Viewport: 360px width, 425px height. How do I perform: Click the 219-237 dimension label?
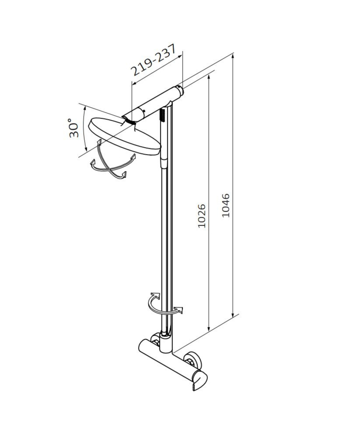pyautogui.click(x=153, y=59)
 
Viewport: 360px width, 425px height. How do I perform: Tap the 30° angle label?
pyautogui.click(x=73, y=128)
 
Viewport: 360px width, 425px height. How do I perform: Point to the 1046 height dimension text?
pyautogui.click(x=225, y=205)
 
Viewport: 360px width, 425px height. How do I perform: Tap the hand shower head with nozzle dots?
pyautogui.click(x=163, y=115)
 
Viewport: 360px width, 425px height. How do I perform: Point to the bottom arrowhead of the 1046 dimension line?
pyautogui.click(x=232, y=313)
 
